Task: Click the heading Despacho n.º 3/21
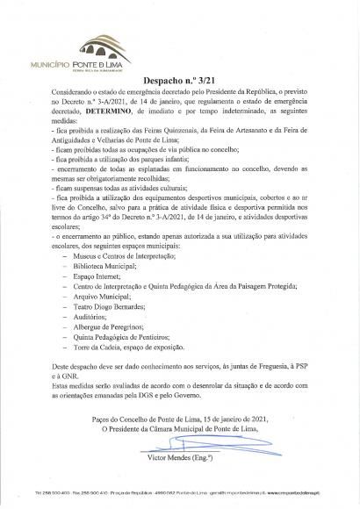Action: pyautogui.click(x=179, y=78)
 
